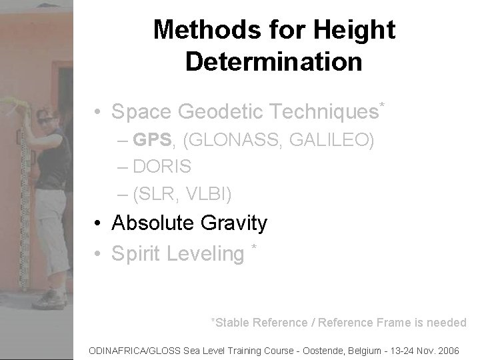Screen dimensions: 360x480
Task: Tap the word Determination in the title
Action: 274,61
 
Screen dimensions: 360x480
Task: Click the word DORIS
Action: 162,167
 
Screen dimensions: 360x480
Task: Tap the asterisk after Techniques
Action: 382,105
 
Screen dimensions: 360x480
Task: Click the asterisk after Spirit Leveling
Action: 254,249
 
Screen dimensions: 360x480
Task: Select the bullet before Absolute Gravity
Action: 97,223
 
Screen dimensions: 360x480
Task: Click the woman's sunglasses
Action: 46,121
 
